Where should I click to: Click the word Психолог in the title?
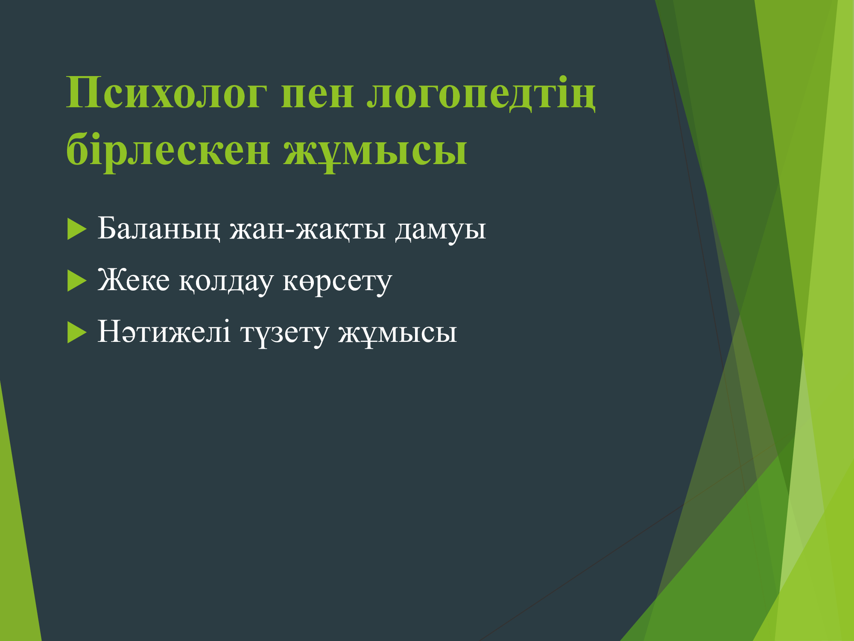167,92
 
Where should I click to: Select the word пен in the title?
317,94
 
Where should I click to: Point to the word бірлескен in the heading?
168,149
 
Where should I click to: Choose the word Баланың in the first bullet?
159,229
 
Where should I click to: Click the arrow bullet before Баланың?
77,229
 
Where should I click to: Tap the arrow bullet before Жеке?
77,281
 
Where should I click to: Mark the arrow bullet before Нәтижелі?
77,332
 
